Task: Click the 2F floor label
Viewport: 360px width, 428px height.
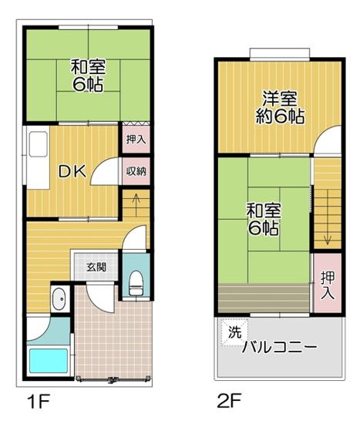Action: pos(229,403)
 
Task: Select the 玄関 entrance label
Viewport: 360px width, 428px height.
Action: pos(96,267)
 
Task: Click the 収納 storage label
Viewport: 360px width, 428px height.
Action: pos(136,171)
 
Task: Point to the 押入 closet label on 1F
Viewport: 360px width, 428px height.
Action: pos(136,141)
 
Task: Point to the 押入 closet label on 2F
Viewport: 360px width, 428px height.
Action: pos(327,285)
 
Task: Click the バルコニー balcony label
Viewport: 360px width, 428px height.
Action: pos(279,347)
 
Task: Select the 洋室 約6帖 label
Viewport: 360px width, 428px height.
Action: pos(279,108)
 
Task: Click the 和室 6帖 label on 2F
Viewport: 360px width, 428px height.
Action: pos(262,219)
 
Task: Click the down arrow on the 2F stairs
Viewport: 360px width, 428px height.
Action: pos(327,231)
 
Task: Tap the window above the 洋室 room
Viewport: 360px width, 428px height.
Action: pos(279,53)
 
